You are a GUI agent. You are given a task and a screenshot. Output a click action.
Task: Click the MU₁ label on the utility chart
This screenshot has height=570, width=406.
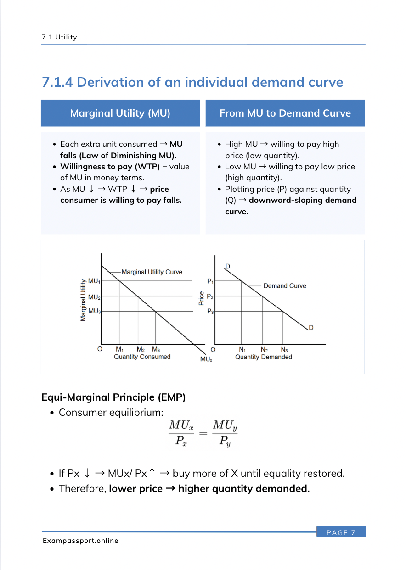(x=94, y=281)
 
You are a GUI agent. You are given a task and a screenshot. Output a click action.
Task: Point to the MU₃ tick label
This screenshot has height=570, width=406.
(x=94, y=311)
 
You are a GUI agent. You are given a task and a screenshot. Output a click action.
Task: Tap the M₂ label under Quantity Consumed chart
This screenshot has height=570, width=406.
(x=141, y=350)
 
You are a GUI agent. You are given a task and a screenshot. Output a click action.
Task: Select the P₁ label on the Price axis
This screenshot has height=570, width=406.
(x=210, y=281)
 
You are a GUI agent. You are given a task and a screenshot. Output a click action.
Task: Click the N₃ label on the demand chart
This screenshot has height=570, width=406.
(x=284, y=350)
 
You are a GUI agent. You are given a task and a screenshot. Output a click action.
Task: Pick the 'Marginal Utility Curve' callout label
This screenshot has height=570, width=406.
(x=152, y=272)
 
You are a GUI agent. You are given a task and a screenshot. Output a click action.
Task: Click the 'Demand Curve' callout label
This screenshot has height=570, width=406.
(x=284, y=286)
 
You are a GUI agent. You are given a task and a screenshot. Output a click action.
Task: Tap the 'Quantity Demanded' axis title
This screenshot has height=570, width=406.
(x=263, y=357)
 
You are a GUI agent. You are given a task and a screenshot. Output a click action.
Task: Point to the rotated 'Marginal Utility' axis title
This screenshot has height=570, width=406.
(x=83, y=300)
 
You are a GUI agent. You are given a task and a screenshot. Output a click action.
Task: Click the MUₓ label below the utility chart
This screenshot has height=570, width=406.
(x=206, y=359)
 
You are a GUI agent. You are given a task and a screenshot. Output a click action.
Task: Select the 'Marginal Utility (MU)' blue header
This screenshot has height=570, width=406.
(x=120, y=113)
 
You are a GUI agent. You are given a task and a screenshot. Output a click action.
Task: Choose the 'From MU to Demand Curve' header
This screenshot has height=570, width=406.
(x=285, y=113)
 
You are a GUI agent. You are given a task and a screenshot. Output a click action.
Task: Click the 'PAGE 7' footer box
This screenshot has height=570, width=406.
(x=341, y=532)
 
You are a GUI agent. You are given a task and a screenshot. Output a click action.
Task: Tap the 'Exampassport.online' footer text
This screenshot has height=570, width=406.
(x=80, y=541)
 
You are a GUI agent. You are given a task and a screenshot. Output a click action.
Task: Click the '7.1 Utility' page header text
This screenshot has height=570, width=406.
(x=59, y=37)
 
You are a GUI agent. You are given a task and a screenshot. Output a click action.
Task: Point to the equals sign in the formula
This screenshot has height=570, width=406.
(x=203, y=433)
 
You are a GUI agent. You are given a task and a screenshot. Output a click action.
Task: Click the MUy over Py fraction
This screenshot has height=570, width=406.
(x=225, y=433)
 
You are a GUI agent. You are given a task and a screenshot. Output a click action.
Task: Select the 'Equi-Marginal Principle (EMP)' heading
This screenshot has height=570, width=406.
(x=113, y=397)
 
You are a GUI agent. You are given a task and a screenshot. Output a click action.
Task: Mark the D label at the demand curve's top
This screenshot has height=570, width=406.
(x=227, y=266)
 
